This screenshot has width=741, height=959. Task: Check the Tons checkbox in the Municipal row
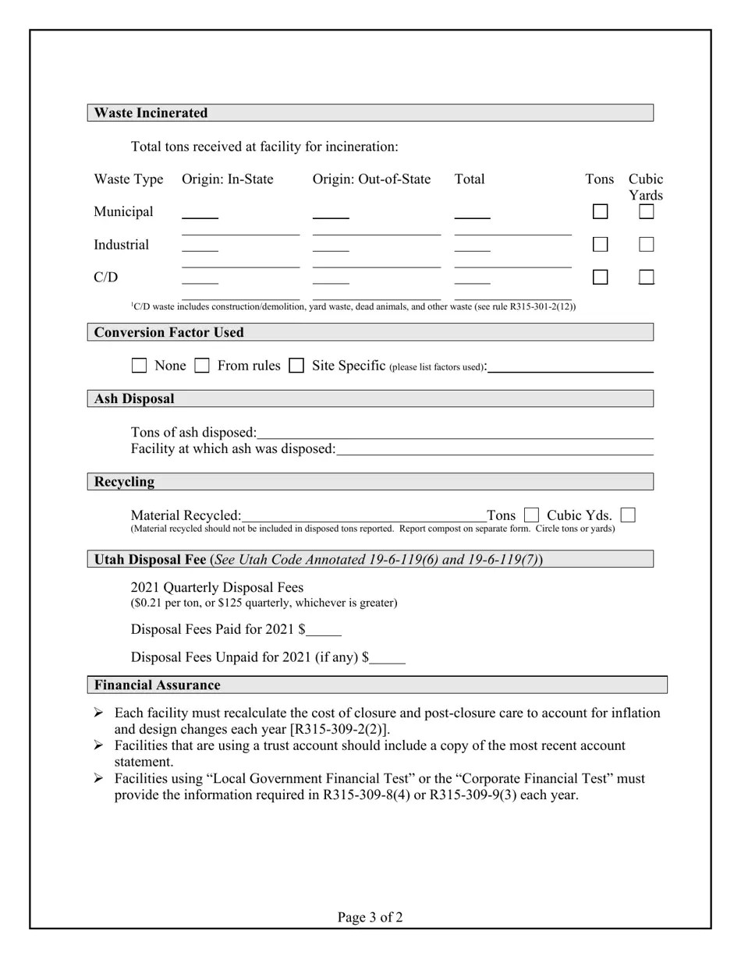tap(600, 211)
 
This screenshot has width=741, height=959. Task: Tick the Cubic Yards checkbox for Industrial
tap(646, 245)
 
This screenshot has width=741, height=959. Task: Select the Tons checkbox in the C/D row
tap(600, 278)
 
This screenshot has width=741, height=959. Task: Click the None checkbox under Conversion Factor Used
tap(139, 366)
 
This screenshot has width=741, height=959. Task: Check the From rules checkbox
tap(202, 366)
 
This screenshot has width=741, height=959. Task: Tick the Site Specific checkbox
tap(296, 366)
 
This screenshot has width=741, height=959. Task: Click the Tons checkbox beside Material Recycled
tap(531, 515)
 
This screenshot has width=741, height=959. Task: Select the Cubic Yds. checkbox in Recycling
tap(628, 515)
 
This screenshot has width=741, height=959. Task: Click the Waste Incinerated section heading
tap(151, 113)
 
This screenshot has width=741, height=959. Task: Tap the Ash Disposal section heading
tap(134, 399)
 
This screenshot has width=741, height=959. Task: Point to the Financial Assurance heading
tap(158, 685)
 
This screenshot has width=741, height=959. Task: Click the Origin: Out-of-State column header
tap(371, 179)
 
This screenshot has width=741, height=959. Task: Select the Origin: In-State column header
tap(228, 179)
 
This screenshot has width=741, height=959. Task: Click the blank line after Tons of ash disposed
tap(455, 433)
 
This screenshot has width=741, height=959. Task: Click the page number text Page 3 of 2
tap(370, 918)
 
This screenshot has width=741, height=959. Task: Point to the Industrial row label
tap(121, 245)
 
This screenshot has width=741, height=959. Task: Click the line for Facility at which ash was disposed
tap(495, 450)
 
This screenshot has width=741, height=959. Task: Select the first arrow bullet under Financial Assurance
tap(98, 713)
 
